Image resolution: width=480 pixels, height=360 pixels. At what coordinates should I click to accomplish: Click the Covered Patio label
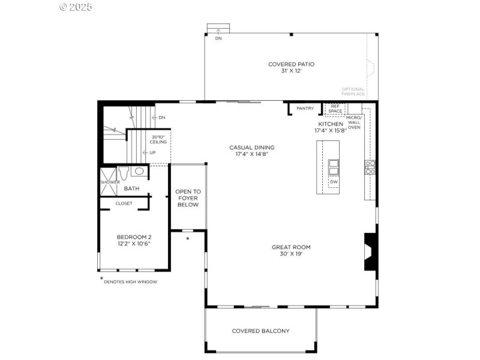(x=291, y=64)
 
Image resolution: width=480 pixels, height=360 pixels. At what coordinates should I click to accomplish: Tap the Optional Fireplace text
(x=353, y=92)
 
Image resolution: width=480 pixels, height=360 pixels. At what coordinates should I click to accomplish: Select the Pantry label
(x=305, y=109)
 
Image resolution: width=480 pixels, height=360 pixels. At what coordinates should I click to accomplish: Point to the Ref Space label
(x=335, y=109)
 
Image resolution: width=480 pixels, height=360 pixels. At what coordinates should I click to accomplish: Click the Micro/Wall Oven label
(x=354, y=122)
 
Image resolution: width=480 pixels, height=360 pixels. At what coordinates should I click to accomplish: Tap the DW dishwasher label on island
(x=334, y=182)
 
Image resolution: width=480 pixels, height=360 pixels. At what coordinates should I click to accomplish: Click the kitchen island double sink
(x=334, y=166)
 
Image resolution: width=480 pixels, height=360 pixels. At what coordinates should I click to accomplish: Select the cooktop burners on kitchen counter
(x=370, y=167)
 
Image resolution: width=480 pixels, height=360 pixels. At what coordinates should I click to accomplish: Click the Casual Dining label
(x=251, y=148)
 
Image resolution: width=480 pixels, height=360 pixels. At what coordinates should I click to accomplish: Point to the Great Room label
(x=291, y=247)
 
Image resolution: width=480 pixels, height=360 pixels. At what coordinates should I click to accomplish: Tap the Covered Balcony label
(x=260, y=331)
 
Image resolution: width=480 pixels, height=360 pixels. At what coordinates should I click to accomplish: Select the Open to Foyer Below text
(x=188, y=198)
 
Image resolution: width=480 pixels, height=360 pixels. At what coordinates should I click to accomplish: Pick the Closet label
(x=124, y=203)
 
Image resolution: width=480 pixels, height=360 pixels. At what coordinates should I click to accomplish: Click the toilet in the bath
(x=124, y=172)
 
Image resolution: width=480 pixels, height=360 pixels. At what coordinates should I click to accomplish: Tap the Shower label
(x=110, y=182)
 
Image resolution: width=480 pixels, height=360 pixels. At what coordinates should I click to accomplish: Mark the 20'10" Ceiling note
(x=158, y=140)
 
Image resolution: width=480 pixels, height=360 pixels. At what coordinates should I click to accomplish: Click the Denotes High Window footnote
(x=130, y=281)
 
